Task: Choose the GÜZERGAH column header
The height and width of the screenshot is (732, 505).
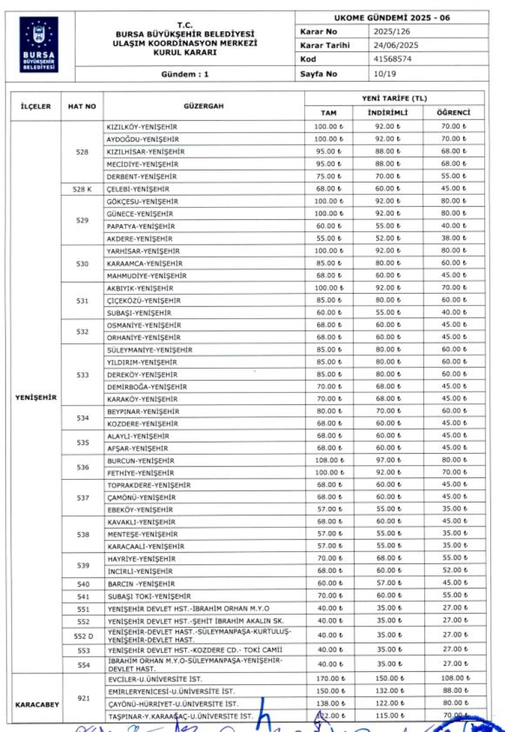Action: pos(203,106)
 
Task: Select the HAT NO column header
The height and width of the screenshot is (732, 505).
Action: pos(82,106)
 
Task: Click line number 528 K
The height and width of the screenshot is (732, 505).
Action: pos(82,189)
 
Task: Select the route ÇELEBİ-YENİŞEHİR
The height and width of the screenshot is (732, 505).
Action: pos(137,189)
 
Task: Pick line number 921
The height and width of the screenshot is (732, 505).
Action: pos(82,698)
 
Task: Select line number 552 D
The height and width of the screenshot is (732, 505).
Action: pos(82,635)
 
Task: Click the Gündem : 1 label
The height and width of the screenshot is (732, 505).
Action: pos(185,74)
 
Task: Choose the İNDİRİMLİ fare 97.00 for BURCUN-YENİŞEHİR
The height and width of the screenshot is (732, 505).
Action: pos(389,461)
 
